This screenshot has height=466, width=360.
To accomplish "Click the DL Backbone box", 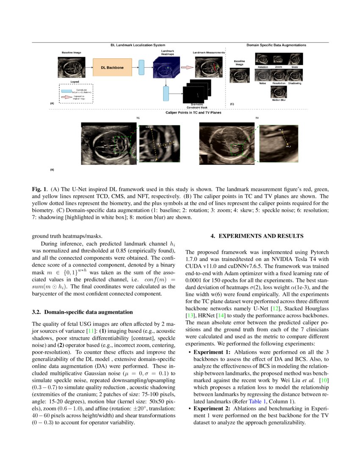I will (x=109, y=68).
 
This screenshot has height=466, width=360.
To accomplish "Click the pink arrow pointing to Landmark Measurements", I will (x=187, y=67).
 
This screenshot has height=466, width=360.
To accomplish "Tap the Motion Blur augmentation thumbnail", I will (x=279, y=93).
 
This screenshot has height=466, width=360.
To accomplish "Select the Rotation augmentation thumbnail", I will (x=263, y=59).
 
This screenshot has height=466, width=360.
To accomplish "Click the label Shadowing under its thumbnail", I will (x=294, y=83).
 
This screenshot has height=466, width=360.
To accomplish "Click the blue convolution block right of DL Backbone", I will (x=141, y=67).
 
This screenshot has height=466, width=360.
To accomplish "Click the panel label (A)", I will (x=52, y=103).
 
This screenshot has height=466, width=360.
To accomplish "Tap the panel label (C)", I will (x=232, y=104).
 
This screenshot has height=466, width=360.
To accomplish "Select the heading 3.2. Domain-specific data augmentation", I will (x=82, y=312).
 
